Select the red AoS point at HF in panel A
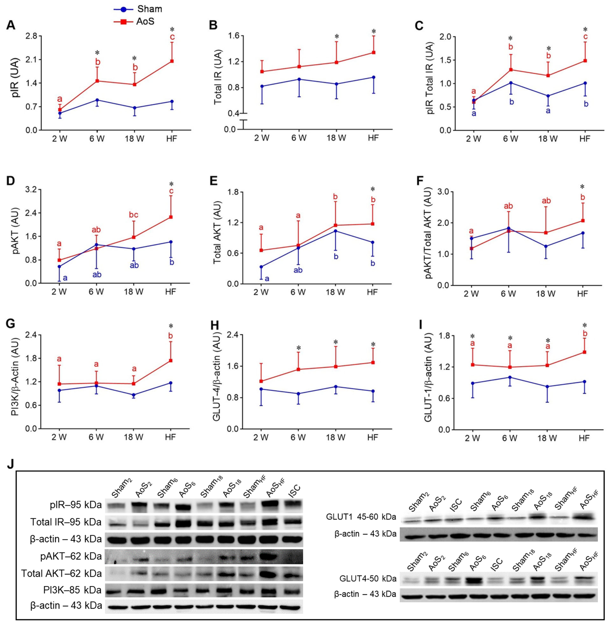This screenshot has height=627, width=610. pyautogui.click(x=172, y=61)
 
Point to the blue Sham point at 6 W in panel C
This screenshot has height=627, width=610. pyautogui.click(x=511, y=83)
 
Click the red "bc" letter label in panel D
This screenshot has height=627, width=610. pyautogui.click(x=134, y=215)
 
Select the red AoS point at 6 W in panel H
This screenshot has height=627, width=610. pyautogui.click(x=298, y=369)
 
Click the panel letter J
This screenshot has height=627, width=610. pyautogui.click(x=10, y=465)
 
